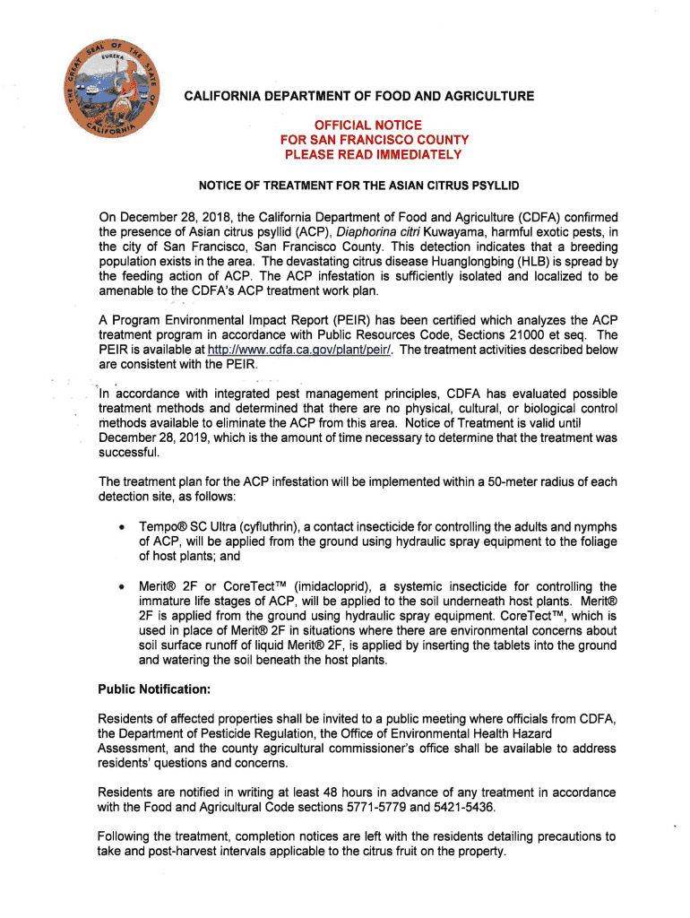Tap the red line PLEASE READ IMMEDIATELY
pyautogui.click(x=372, y=154)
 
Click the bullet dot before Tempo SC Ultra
pyautogui.click(x=118, y=525)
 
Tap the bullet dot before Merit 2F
pyautogui.click(x=118, y=587)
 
